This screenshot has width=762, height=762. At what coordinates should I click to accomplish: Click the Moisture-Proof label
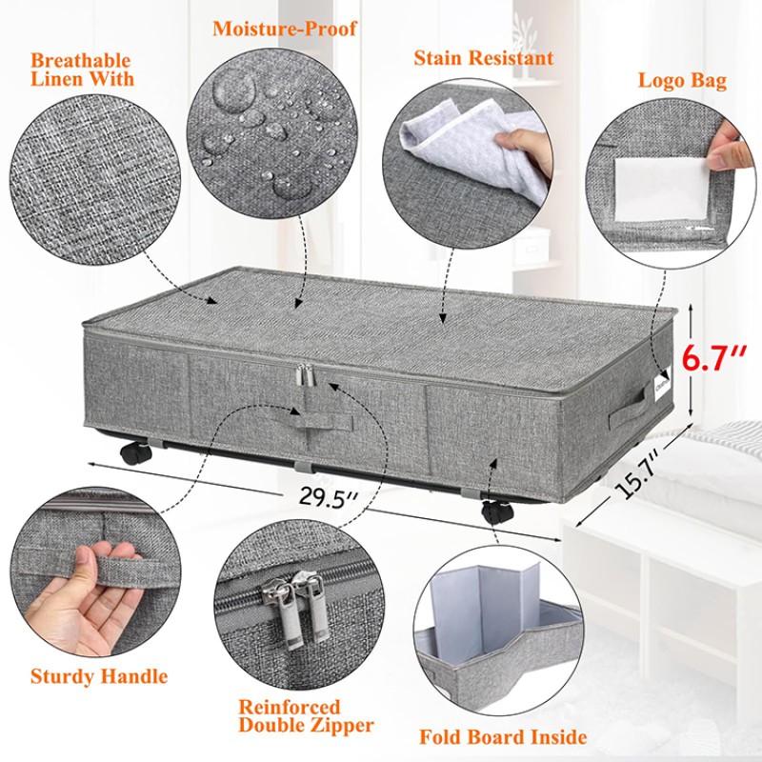[285, 28]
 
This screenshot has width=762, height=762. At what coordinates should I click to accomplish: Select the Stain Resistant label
[483, 58]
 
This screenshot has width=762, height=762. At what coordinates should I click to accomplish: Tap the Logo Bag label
[682, 81]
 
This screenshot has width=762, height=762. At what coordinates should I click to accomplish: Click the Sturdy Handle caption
[98, 677]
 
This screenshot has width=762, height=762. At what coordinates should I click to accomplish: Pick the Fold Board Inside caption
[503, 736]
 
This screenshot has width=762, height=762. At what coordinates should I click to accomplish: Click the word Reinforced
[289, 707]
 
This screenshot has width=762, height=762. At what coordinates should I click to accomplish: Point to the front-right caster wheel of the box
[495, 511]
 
